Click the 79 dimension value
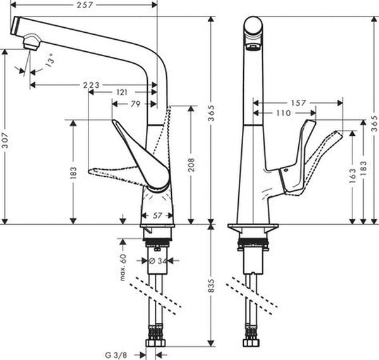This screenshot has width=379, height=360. click(x=135, y=105)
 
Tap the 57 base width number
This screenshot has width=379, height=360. click(x=157, y=215)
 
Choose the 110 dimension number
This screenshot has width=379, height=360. click(x=283, y=113)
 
